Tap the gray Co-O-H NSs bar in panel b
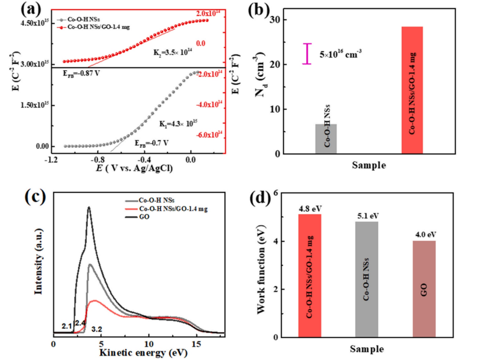pyautogui.click(x=326, y=138)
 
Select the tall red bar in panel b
pyautogui.click(x=412, y=90)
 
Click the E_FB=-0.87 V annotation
pyautogui.click(x=81, y=73)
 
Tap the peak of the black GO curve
pyautogui.click(x=89, y=207)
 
